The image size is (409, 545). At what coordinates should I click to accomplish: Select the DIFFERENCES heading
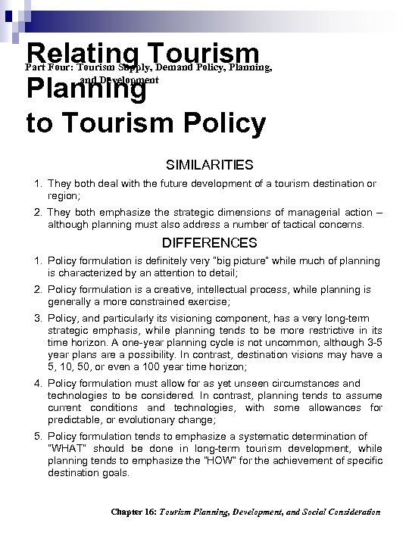tap(211, 243)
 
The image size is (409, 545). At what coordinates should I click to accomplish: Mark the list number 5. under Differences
tap(39, 436)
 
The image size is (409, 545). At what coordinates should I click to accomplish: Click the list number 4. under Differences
tap(39, 383)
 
